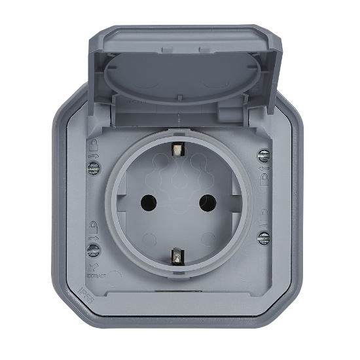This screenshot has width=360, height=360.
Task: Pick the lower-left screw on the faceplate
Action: tap(93, 249)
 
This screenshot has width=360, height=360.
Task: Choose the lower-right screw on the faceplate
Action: tap(263, 237)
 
